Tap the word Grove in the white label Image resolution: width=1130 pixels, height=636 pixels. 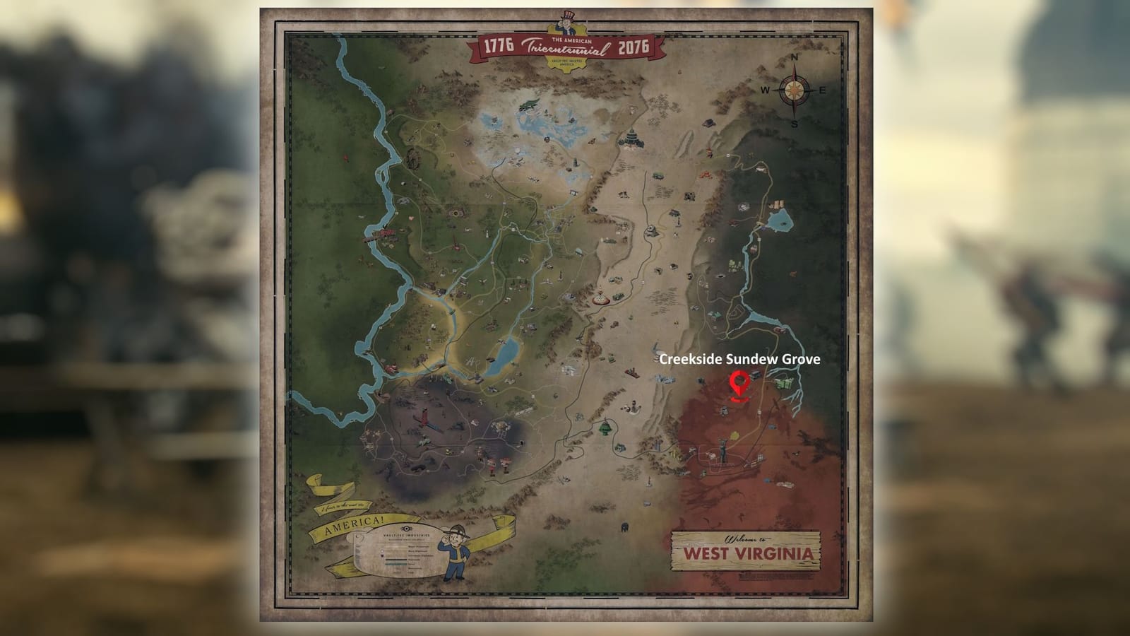coord(802,359)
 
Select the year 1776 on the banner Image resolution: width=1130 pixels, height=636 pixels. coord(499,48)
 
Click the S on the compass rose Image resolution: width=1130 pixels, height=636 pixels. coord(795,124)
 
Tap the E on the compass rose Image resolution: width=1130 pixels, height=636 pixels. coord(822,90)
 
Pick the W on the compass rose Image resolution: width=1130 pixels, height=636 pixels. coord(766,90)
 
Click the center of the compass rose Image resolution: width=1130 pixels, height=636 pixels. coord(795,90)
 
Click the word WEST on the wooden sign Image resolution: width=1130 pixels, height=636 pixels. coord(709,552)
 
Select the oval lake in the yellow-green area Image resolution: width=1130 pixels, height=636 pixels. coord(504,355)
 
